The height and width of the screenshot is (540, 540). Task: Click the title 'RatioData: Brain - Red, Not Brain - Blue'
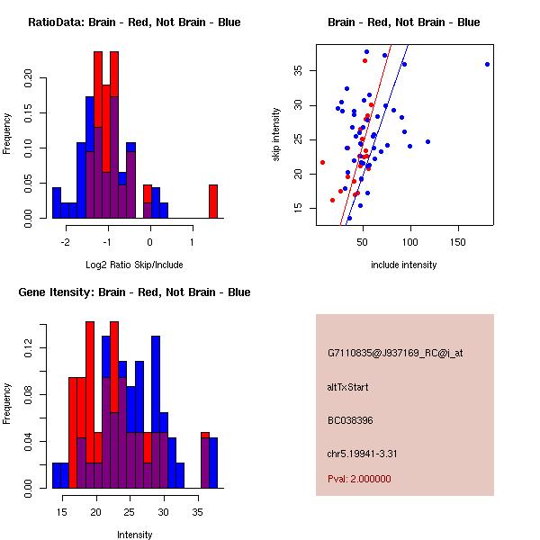point(134,22)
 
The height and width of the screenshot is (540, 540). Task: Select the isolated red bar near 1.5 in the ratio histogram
point(213,201)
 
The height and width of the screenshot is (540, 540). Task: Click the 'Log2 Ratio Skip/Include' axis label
point(133,265)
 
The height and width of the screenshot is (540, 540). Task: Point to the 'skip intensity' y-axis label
point(276,135)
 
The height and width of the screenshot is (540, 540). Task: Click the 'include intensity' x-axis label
point(403,265)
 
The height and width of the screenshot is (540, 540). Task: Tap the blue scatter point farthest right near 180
point(487,64)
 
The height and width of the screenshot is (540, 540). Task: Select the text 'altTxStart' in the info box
point(347,387)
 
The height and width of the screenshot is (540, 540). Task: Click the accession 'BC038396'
point(348,420)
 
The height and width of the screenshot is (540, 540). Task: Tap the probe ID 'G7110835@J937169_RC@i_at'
point(395,355)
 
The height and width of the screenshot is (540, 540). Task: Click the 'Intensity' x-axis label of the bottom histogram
point(134,535)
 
